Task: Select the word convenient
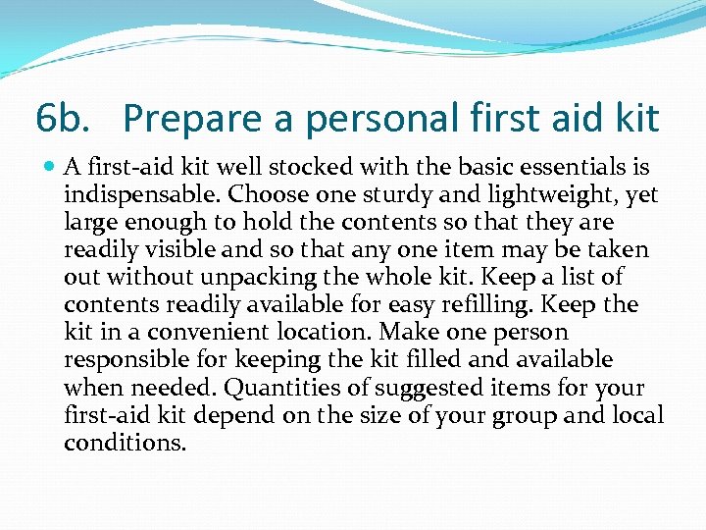click(191, 333)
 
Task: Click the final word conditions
click(125, 443)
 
